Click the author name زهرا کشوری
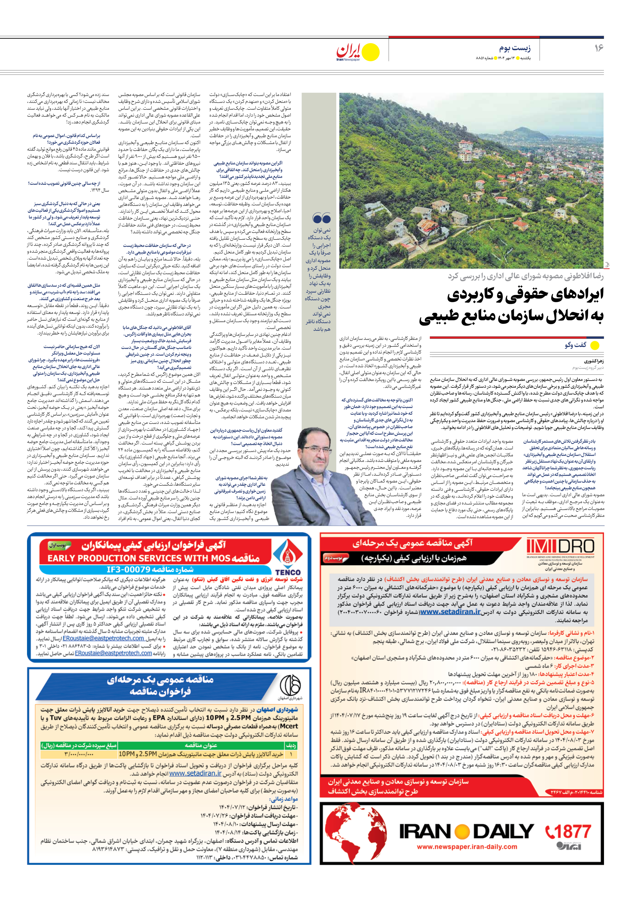594,361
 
